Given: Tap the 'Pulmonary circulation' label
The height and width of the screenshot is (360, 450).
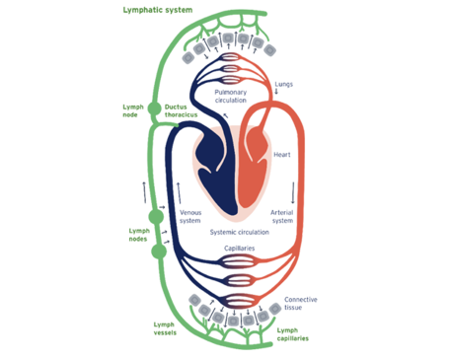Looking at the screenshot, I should tap(230, 95).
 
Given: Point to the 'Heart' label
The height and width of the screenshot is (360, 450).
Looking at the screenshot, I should tap(282, 155).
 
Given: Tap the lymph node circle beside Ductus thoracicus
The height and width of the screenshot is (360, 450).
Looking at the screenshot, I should tap(154, 110).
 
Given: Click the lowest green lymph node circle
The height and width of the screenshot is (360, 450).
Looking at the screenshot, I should tap(155, 258).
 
